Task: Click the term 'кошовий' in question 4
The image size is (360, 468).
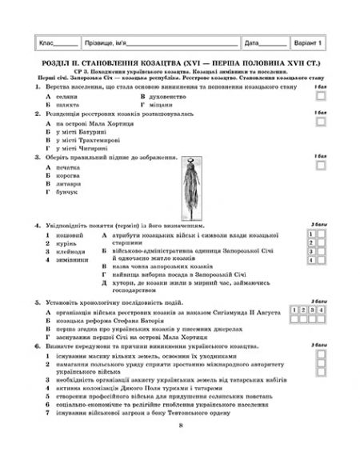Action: (67, 236)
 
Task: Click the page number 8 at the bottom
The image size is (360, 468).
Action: (182, 447)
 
